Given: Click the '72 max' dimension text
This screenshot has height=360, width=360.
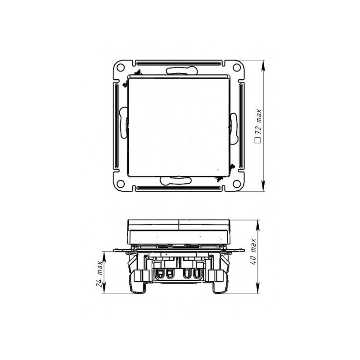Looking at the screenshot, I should point(258,122).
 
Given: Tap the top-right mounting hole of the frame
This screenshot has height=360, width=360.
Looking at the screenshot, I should point(236,67).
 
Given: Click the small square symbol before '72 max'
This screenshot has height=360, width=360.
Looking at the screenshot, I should point(258,140).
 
